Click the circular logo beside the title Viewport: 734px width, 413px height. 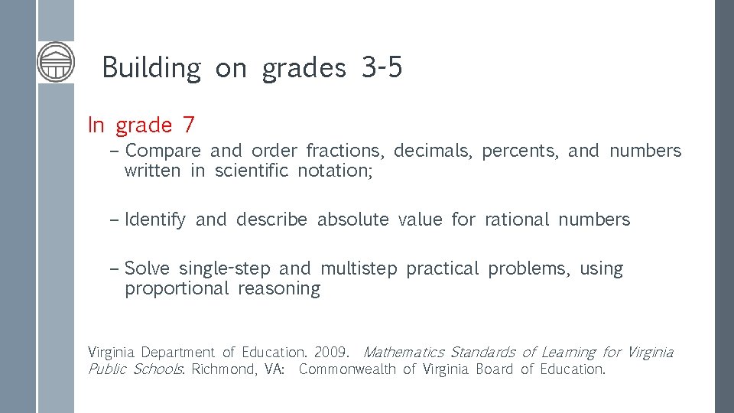[x=56, y=62]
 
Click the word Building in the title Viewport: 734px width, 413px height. [x=151, y=68]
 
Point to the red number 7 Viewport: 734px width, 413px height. [x=188, y=124]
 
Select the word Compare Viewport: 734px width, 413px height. [x=163, y=151]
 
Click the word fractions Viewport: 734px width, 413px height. [x=349, y=151]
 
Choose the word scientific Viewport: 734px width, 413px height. [x=252, y=171]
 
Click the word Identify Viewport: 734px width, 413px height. [x=154, y=220]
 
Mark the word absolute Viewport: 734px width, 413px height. [x=352, y=220]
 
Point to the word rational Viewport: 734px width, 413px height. [x=517, y=220]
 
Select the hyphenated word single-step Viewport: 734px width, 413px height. [x=224, y=268]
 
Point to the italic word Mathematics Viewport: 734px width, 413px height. [x=403, y=353]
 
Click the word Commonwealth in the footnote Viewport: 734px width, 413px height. [x=347, y=369]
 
